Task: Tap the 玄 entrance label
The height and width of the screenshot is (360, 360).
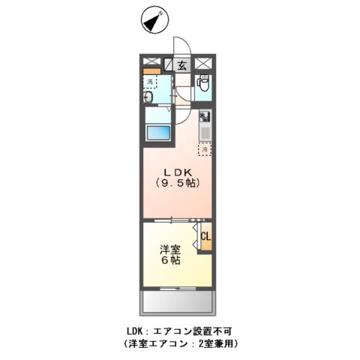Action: point(182,65)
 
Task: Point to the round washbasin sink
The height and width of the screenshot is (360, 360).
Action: point(148,98)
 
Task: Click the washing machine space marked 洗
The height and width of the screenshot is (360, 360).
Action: point(151,81)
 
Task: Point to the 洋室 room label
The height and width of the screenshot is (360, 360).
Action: point(169,249)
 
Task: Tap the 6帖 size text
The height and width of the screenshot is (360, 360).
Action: point(169,261)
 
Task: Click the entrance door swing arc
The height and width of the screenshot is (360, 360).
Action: point(182,45)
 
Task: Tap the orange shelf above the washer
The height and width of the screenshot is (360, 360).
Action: point(152,71)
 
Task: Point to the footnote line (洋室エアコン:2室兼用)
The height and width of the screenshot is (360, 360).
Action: point(180,343)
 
